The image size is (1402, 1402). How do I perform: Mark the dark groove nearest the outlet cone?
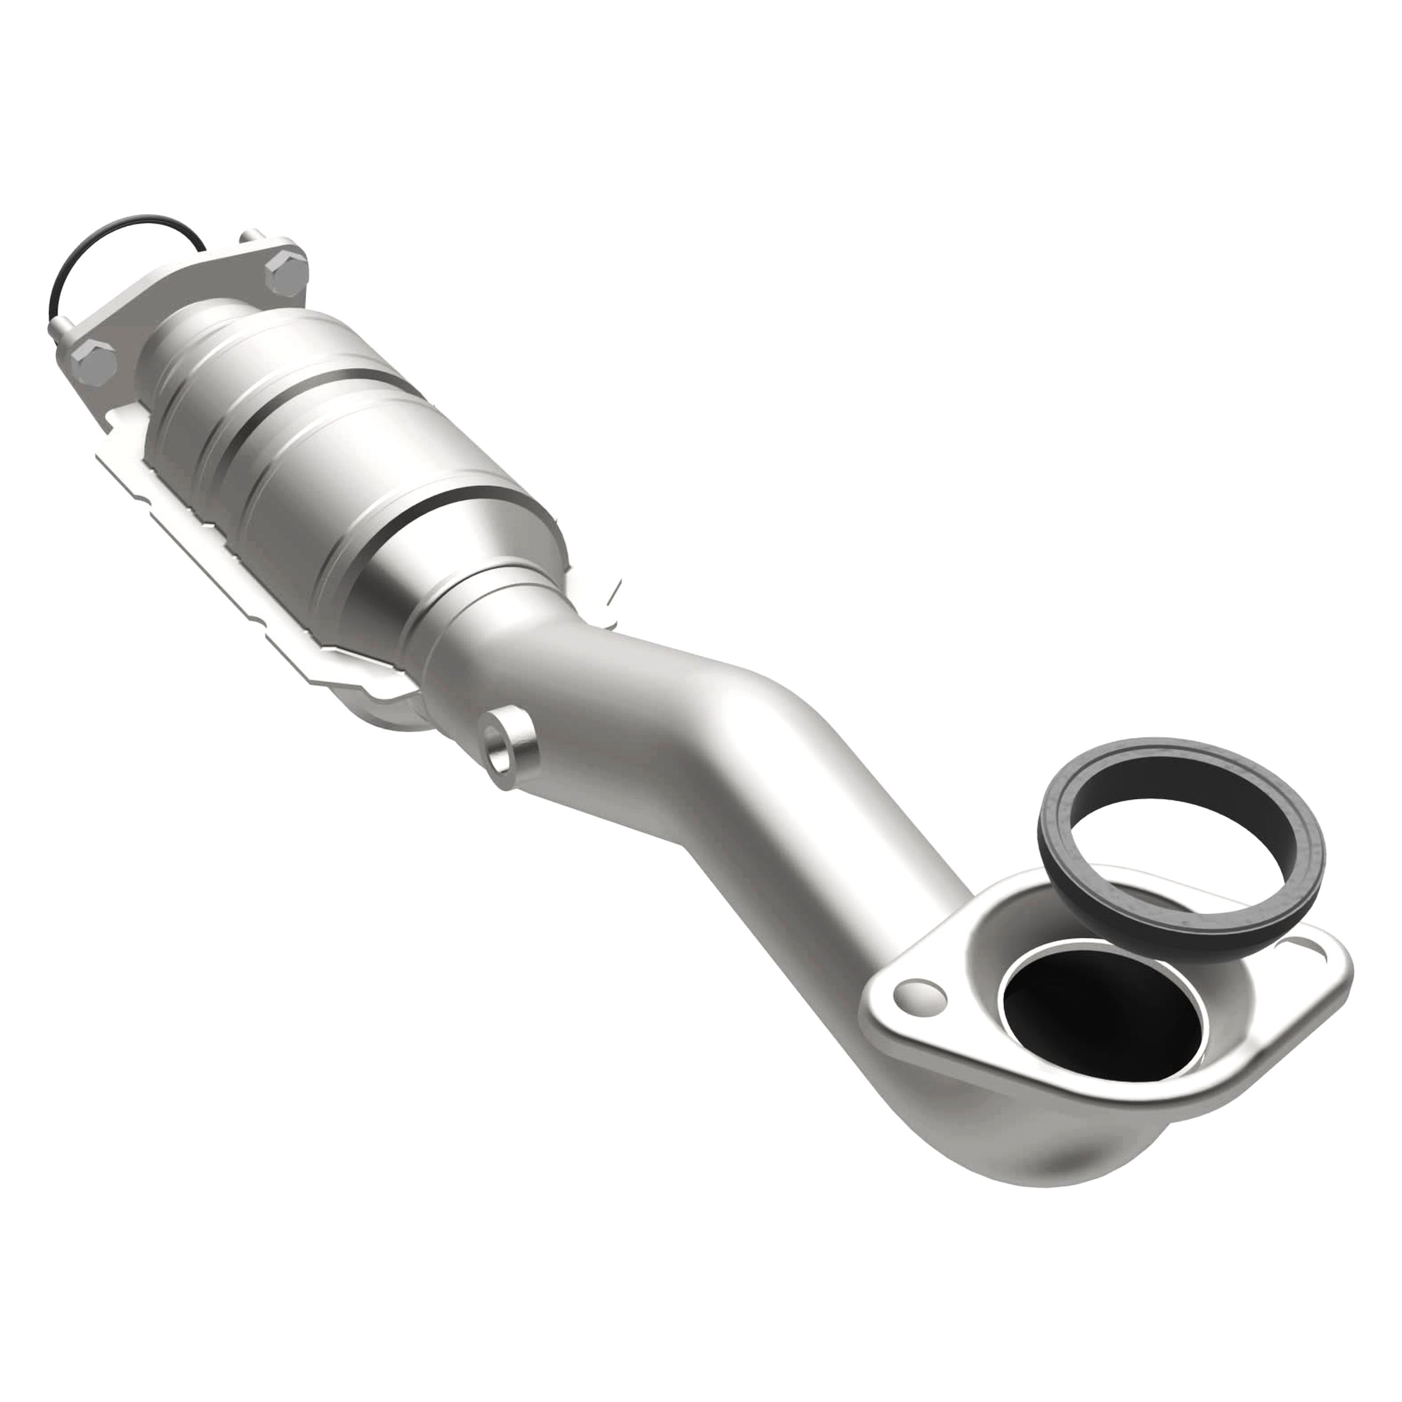pos(436,508)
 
